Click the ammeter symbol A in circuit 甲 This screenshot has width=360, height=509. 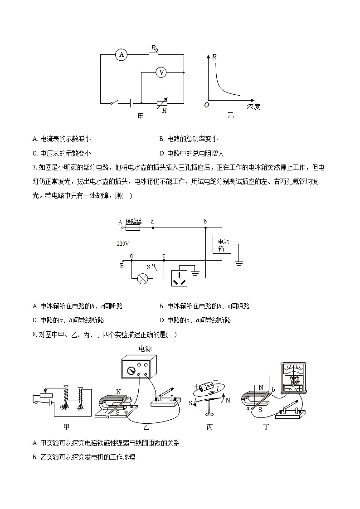[121, 55]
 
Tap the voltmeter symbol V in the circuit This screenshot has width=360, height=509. [160, 72]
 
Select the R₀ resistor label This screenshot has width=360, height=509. [154, 48]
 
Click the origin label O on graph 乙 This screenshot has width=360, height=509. [207, 105]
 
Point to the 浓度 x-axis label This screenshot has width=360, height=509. [253, 107]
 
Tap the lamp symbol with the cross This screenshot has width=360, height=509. [142, 278]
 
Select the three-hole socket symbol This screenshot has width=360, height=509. [182, 277]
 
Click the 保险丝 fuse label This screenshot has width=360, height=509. [133, 221]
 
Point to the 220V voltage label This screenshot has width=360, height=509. [123, 243]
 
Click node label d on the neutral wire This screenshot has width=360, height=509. [131, 256]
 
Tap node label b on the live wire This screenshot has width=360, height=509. [205, 222]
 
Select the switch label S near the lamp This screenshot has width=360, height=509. [148, 267]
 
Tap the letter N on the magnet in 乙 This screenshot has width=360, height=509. [118, 391]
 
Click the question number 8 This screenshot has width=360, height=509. [34, 335]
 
